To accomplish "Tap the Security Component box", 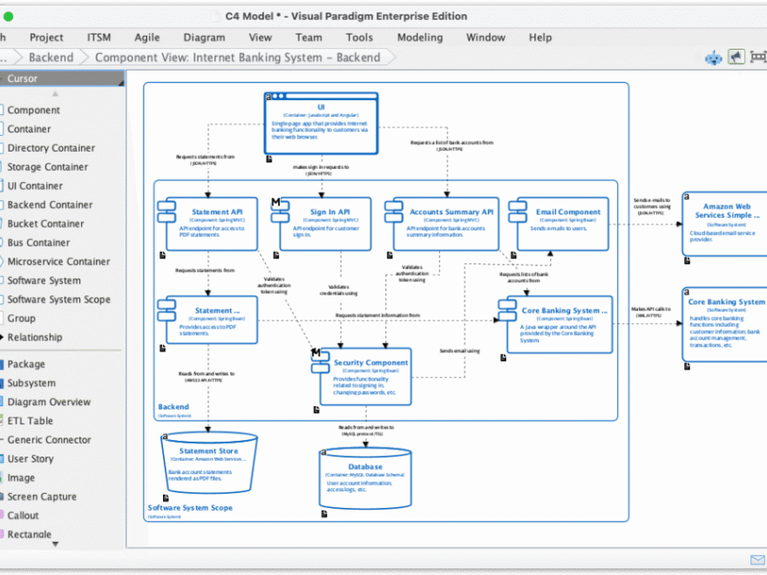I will click(366, 375).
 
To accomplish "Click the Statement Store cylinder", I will click(209, 462).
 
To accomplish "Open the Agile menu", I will click(146, 37).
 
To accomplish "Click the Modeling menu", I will click(419, 37).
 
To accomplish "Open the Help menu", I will click(540, 37).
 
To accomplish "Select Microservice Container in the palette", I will click(58, 261).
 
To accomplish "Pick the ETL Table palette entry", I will click(31, 421).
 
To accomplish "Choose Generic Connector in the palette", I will click(49, 440).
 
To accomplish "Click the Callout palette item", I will click(24, 515).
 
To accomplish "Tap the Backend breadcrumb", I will click(51, 57).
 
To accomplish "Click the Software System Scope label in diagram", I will click(190, 508).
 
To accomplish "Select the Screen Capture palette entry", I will click(42, 497).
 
